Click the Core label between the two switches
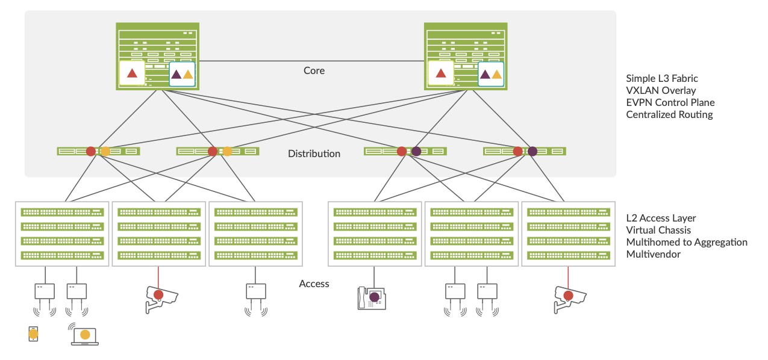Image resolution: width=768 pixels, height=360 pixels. pyautogui.click(x=314, y=70)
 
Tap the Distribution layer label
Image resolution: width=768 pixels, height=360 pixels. pyautogui.click(x=314, y=154)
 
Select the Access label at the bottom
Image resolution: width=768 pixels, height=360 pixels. pyautogui.click(x=314, y=284)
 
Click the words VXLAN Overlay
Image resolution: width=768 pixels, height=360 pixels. pyautogui.click(x=661, y=90)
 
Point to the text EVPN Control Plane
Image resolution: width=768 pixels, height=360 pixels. pyautogui.click(x=670, y=102)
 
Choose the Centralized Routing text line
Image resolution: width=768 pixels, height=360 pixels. pyautogui.click(x=669, y=114)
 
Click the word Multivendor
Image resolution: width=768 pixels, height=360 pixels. pyautogui.click(x=653, y=254)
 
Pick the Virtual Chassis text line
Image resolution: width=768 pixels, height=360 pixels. pyautogui.click(x=658, y=230)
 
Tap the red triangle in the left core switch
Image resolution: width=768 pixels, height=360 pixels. pyautogui.click(x=133, y=74)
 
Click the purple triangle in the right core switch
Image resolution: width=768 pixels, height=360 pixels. pyautogui.click(x=484, y=75)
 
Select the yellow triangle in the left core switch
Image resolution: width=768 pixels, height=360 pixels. pyautogui.click(x=188, y=75)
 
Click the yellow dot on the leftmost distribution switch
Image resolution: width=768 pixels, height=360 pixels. pyautogui.click(x=105, y=151)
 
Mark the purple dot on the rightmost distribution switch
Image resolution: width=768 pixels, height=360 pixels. pyautogui.click(x=532, y=151)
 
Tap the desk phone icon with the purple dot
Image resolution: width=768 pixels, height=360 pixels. pyautogui.click(x=372, y=297)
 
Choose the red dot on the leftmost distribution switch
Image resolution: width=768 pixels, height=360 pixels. pyautogui.click(x=91, y=151)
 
